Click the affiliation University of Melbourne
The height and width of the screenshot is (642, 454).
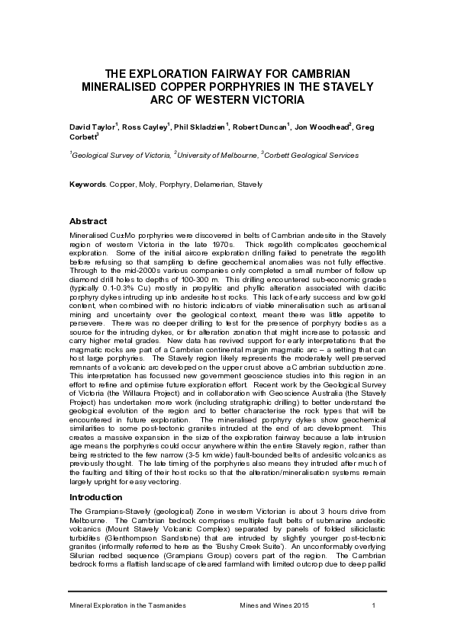pos(217,155)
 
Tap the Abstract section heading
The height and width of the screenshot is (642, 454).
pos(88,221)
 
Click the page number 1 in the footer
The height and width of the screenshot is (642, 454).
pos(374,605)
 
